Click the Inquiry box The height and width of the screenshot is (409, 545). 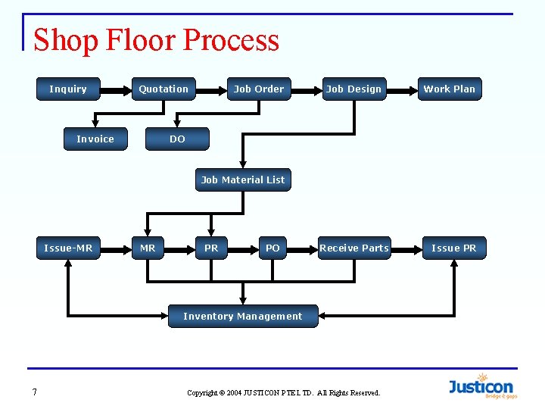[x=68, y=89]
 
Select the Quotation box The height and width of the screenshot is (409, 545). [x=163, y=89]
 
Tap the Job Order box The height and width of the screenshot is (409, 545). [x=258, y=89]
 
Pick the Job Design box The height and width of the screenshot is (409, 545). [x=353, y=89]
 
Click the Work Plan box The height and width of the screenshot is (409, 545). [x=449, y=89]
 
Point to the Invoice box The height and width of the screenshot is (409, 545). [x=95, y=139]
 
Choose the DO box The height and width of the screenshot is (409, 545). [x=177, y=139]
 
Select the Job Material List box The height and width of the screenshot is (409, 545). [x=243, y=180]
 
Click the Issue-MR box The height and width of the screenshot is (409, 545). [x=68, y=248]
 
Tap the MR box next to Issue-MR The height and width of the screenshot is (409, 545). [x=148, y=248]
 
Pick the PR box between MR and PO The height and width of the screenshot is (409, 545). [x=211, y=248]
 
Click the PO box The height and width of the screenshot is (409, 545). [x=272, y=248]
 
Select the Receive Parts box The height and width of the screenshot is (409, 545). [x=353, y=248]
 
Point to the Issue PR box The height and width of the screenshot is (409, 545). [x=454, y=248]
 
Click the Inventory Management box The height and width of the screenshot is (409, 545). [x=243, y=317]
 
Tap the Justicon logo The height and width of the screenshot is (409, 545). [x=481, y=386]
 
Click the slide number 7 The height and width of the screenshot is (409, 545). [x=35, y=392]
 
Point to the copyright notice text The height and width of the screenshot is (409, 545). [x=283, y=393]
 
